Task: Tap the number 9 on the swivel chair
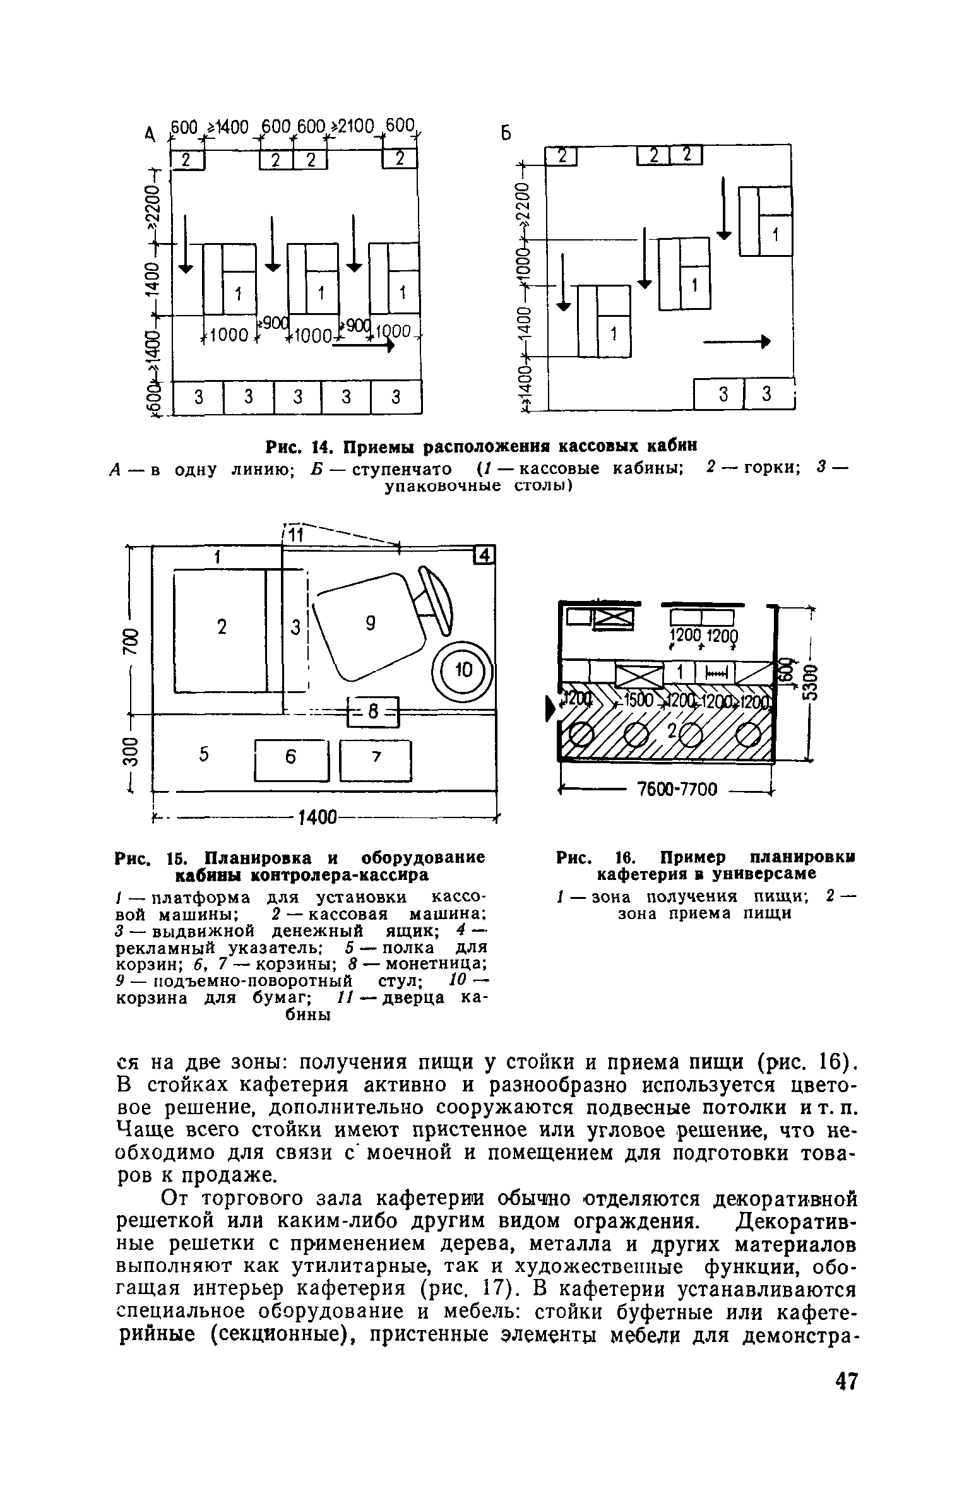pos(371,624)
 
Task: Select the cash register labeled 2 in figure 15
pos(220,629)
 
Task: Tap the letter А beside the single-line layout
pos(150,134)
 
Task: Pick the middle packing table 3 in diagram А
pos(298,397)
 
